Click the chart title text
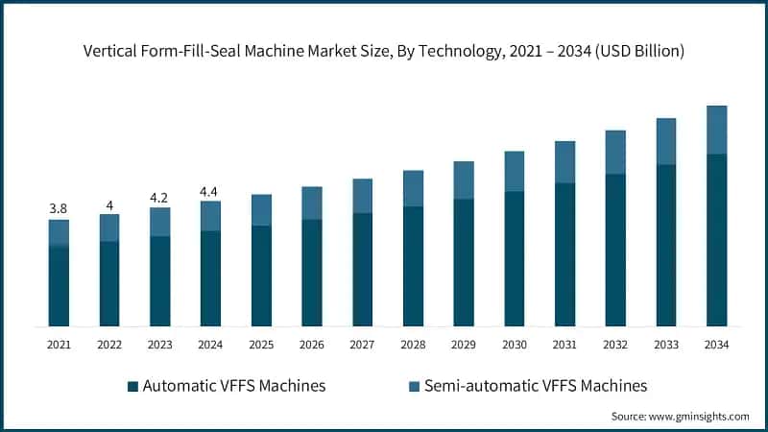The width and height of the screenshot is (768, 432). tap(384, 51)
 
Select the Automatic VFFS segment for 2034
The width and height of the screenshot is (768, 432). tap(716, 240)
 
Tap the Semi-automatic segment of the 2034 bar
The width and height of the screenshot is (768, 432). tap(716, 130)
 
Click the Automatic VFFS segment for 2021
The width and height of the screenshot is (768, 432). tap(60, 286)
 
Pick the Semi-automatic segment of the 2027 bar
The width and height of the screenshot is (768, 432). tap(362, 196)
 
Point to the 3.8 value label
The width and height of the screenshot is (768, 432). tap(60, 208)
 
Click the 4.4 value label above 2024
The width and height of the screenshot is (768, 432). tap(210, 191)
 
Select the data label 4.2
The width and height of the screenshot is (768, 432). tap(159, 199)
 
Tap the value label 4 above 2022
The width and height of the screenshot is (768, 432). tap(109, 205)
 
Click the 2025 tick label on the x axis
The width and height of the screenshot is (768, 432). tap(261, 345)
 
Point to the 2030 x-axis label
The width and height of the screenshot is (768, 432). tap(514, 345)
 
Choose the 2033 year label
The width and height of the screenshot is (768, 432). tap(665, 345)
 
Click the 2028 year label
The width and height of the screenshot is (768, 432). tap(413, 345)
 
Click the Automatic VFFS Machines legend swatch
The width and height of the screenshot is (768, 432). tap(132, 387)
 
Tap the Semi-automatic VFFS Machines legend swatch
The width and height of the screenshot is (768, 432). tap(415, 387)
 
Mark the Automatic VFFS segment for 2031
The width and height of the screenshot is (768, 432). tap(564, 254)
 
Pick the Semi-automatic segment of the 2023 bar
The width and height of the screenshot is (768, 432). tap(159, 222)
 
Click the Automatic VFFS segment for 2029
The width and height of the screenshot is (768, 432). tap(464, 262)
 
